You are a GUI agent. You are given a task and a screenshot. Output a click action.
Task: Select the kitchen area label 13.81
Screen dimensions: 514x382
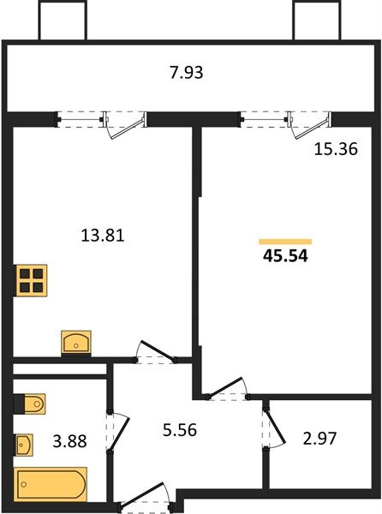coord(102,235)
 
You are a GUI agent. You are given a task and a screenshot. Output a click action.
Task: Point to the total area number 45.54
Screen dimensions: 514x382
coord(284,255)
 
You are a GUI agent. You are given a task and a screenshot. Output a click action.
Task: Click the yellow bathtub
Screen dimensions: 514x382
coord(51,484)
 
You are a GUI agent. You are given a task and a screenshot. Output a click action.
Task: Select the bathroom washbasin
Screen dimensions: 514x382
coord(25,445)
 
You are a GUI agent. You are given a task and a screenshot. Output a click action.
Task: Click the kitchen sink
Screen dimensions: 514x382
coord(76,342)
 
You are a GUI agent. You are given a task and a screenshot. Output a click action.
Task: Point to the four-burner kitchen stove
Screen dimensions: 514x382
coord(32,280)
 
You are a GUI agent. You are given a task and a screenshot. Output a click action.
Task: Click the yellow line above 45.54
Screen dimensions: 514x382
coord(284,241)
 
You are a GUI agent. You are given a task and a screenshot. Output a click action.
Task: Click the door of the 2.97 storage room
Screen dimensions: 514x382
coord(272,427)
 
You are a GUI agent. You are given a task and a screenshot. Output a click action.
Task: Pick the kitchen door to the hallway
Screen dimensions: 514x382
coord(156,352)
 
